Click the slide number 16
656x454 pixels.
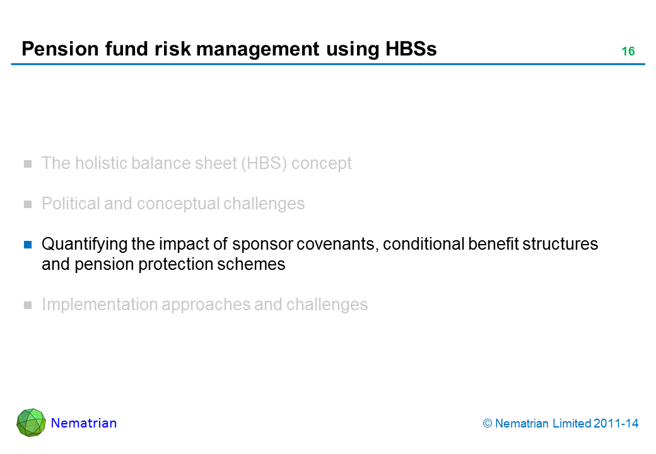click(628, 52)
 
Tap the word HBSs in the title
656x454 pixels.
click(411, 49)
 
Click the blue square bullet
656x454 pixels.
click(28, 245)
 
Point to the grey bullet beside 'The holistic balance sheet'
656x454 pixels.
click(28, 164)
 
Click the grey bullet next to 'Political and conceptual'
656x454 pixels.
click(28, 204)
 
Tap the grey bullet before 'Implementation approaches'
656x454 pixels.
click(28, 305)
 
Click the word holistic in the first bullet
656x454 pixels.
click(95, 163)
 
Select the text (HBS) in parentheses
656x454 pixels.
click(264, 163)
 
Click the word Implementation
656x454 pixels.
click(100, 305)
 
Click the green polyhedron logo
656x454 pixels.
click(31, 422)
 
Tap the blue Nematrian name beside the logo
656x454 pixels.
click(84, 423)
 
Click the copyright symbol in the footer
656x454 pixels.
click(488, 424)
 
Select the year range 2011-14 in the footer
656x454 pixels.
click(616, 424)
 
